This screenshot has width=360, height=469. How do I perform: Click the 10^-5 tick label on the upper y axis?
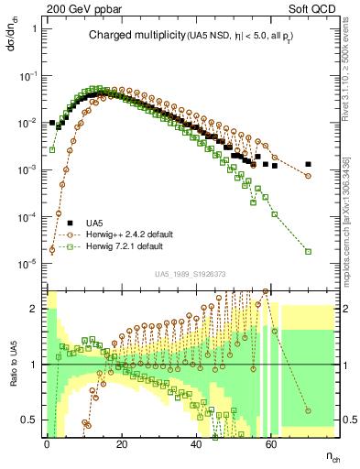tap(27, 264)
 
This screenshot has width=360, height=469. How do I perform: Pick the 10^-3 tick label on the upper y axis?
tap(27, 169)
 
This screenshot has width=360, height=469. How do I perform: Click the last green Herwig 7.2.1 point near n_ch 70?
tap(308, 251)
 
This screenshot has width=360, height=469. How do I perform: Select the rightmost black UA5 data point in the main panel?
tap(308, 165)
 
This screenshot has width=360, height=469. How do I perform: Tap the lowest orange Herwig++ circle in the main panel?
tap(52, 248)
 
